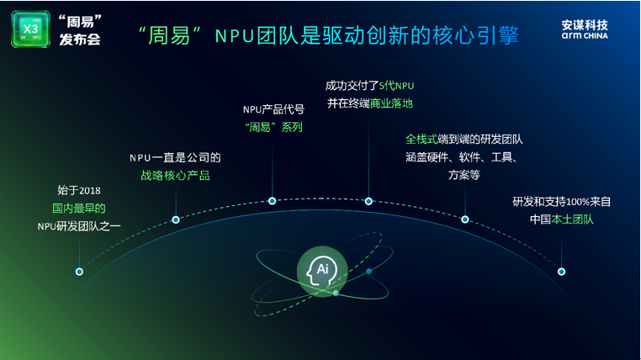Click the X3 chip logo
(30, 29)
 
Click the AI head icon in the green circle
(322, 271)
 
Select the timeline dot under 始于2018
(79, 272)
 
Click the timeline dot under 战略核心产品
(176, 220)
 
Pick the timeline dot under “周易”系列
(273, 201)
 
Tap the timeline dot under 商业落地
(368, 201)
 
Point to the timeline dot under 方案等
(465, 220)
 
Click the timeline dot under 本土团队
(562, 272)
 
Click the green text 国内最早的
(79, 209)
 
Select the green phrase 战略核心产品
(175, 176)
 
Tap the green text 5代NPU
(396, 86)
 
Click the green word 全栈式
(421, 140)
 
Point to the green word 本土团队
(572, 220)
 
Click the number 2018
(89, 191)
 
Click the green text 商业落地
(391, 103)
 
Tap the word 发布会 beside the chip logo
(80, 40)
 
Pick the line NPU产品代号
(273, 109)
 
